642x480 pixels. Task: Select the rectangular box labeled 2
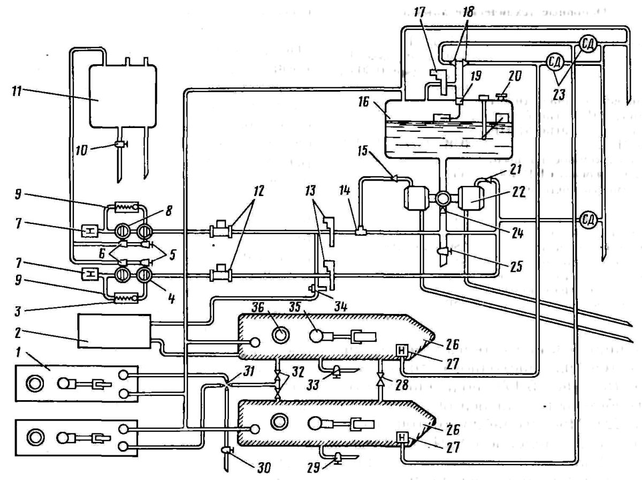coord(114,331)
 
